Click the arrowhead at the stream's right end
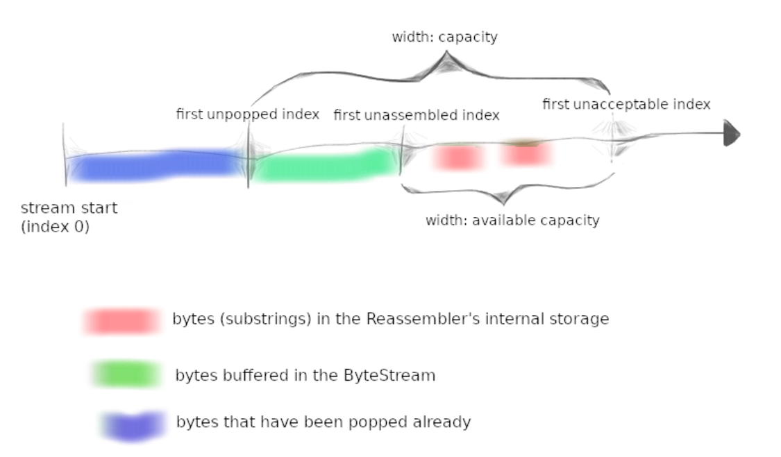pyautogui.click(x=732, y=133)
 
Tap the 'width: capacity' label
pyautogui.click(x=445, y=37)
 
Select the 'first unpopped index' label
pyautogui.click(x=248, y=114)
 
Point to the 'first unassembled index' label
pyautogui.click(x=417, y=115)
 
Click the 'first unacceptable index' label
pyautogui.click(x=626, y=104)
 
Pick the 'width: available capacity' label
pyautogui.click(x=512, y=220)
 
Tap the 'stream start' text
pyautogui.click(x=69, y=207)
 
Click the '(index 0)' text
pyautogui.click(x=56, y=227)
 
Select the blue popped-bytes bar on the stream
pyautogui.click(x=157, y=165)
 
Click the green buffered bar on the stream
pyautogui.click(x=326, y=165)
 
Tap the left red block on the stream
pyautogui.click(x=458, y=157)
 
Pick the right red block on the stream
pyautogui.click(x=526, y=153)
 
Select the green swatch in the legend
pyautogui.click(x=126, y=374)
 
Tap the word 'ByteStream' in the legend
pyautogui.click(x=389, y=375)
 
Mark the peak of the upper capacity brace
pyautogui.click(x=446, y=52)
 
